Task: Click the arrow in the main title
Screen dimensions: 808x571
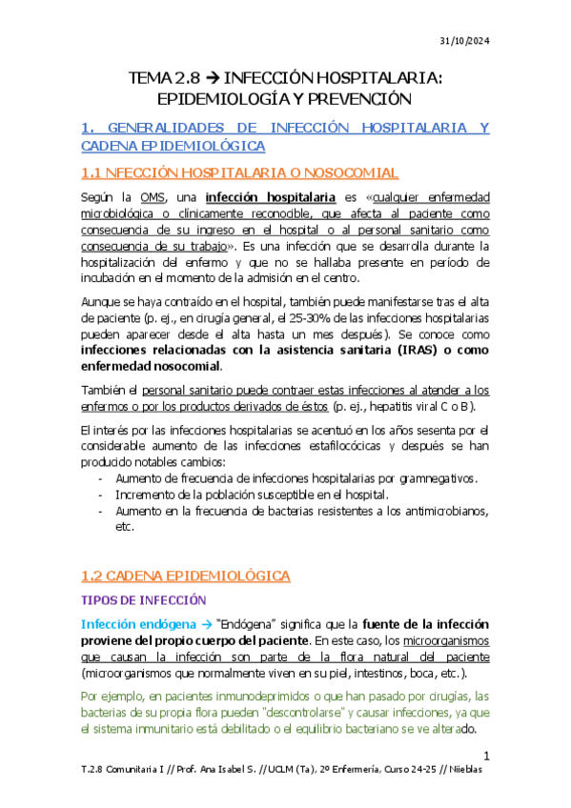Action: pyautogui.click(x=204, y=77)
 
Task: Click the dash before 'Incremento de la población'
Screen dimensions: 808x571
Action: pyautogui.click(x=101, y=495)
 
